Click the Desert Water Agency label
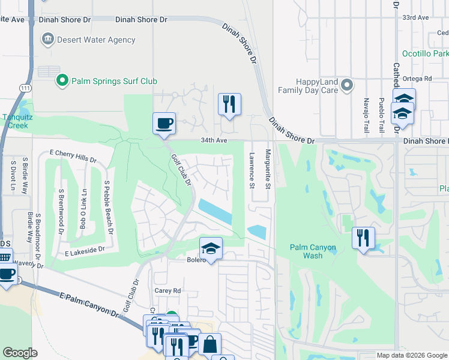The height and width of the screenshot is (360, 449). pos(96,40)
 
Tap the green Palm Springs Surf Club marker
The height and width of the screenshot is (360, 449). pos(61,80)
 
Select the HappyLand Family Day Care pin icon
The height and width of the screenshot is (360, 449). pos(346,85)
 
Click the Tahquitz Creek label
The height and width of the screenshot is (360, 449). pos(15,122)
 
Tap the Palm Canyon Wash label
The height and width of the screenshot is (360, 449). pos(313,251)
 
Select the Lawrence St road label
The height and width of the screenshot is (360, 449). pos(252,169)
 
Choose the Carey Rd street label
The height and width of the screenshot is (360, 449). pos(169,290)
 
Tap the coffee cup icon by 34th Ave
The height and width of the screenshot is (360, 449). pos(164,124)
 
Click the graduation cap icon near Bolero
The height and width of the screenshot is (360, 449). pos(211,248)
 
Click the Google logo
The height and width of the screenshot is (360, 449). pos(20,353)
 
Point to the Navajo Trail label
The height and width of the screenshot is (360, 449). pos(366,115)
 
